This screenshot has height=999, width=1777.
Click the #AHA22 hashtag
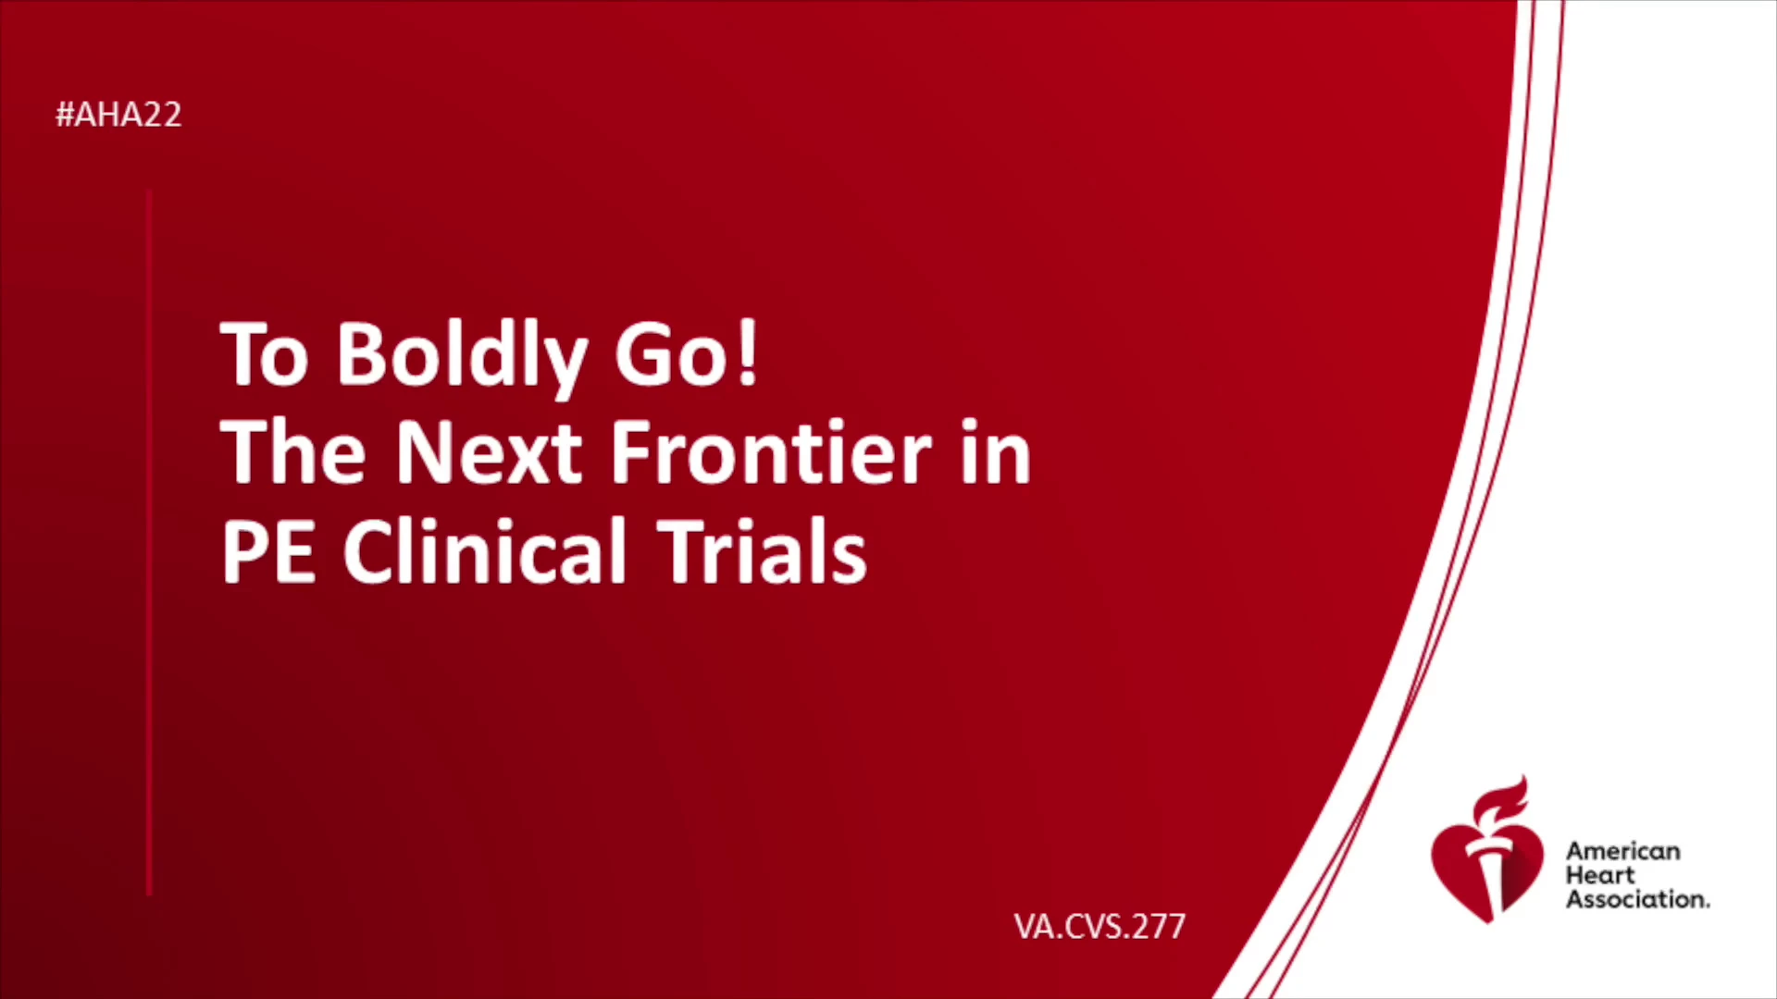tap(118, 115)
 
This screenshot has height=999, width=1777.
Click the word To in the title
tap(264, 353)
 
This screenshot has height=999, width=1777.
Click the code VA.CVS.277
tap(1100, 926)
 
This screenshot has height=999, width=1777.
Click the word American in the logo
tap(1622, 851)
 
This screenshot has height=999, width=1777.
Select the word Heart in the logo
tap(1600, 875)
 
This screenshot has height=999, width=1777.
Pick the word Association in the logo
tap(1637, 899)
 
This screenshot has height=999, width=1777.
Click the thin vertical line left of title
tap(149, 543)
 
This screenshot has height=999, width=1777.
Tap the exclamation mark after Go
tap(749, 352)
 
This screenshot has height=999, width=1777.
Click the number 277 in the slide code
tap(1157, 926)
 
